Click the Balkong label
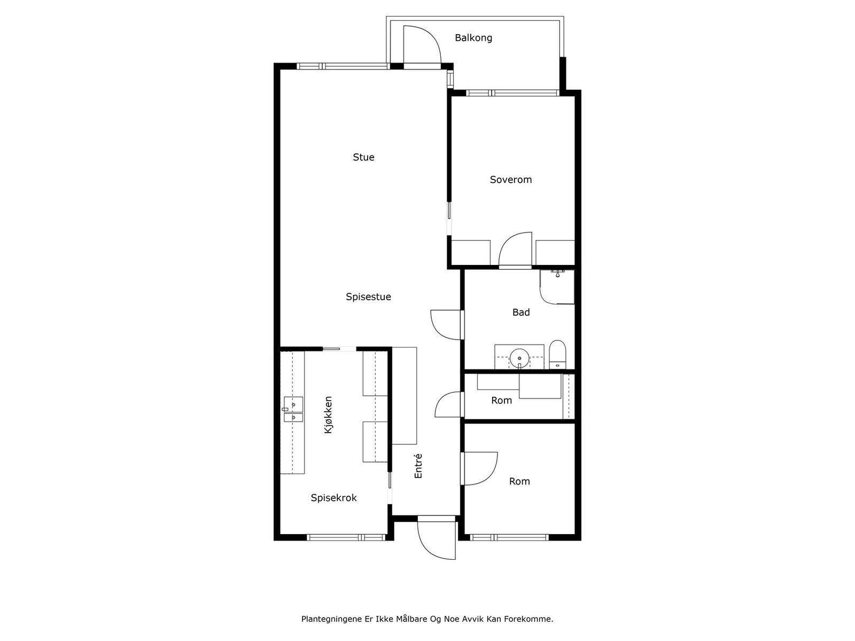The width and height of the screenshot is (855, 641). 473,38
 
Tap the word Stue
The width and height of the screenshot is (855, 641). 363,157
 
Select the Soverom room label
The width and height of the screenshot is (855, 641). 511,180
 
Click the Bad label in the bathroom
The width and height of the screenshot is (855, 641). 521,312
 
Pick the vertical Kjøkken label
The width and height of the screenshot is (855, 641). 328,415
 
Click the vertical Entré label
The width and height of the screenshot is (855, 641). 418,466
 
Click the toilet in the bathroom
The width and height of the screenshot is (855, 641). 557,355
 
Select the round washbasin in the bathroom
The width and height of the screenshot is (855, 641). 519,356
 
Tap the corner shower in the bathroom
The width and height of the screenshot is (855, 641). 557,287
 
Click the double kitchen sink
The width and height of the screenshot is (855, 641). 293,409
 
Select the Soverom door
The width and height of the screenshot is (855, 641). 515,250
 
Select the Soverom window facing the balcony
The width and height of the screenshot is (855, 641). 512,93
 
